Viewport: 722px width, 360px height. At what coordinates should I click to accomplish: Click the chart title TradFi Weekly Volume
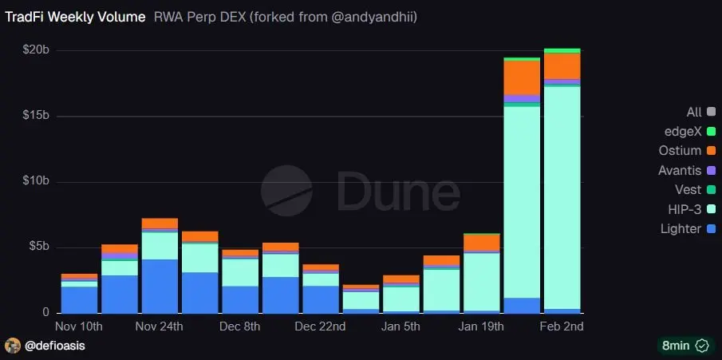(75, 16)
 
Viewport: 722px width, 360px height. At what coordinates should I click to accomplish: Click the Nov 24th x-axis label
(159, 326)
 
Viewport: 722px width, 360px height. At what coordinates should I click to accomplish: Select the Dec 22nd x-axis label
(320, 326)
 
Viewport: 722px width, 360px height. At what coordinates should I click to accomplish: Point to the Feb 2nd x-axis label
(562, 326)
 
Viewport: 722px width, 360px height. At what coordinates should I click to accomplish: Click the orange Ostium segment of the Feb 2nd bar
(562, 65)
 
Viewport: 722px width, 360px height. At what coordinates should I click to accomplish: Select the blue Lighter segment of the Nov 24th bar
(159, 286)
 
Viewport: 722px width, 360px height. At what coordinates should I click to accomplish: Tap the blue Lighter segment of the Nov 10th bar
(79, 299)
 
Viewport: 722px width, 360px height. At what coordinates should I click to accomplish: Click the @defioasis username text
(55, 346)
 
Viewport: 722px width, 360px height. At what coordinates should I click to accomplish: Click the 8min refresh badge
(684, 346)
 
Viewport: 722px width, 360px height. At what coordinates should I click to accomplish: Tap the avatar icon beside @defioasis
(13, 346)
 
